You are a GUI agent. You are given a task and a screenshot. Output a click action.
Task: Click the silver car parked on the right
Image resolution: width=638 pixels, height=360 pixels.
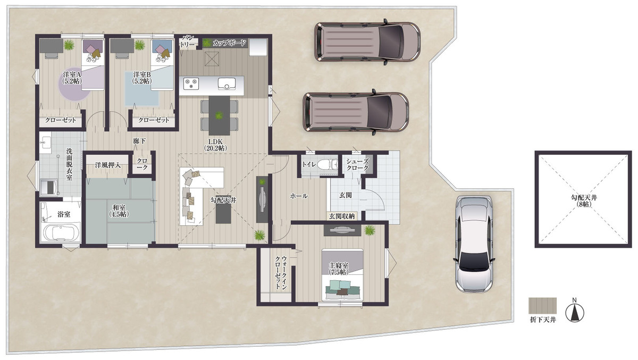click(474, 245)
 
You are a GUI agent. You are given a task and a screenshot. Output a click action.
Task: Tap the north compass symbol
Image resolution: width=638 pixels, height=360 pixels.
click(575, 313)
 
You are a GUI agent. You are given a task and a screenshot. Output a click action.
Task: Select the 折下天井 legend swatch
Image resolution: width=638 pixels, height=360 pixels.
click(543, 306)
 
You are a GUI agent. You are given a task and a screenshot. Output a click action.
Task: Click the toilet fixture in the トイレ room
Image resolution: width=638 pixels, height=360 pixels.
click(326, 165)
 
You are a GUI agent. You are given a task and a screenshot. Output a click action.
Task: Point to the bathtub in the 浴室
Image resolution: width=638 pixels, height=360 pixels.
click(61, 232)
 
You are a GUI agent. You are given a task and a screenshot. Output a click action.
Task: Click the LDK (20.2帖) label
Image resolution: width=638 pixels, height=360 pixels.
click(215, 145)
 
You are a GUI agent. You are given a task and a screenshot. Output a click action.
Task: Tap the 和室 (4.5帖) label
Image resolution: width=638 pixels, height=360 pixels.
click(119, 211)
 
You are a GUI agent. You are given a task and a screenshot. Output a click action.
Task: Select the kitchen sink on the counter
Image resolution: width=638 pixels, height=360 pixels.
click(226, 83)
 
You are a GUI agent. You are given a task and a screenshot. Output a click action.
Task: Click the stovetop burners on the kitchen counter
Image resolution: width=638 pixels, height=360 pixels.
click(191, 83)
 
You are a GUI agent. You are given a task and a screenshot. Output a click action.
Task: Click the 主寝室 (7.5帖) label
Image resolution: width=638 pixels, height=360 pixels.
click(338, 269)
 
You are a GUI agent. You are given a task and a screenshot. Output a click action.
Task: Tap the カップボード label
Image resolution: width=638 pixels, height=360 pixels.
click(229, 43)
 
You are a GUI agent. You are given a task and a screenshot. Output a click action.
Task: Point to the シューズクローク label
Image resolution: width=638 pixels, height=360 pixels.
click(357, 165)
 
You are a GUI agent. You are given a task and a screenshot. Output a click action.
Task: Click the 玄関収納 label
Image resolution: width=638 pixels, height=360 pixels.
click(342, 216)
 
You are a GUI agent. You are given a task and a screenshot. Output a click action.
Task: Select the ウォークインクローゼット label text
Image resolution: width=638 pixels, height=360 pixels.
click(280, 273)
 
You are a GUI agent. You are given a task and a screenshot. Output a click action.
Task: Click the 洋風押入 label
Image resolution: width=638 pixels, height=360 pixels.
click(107, 165)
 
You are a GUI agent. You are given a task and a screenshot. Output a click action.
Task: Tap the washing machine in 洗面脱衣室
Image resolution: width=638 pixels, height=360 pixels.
click(49, 187)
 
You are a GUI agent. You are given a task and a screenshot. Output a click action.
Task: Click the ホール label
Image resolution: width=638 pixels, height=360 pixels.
click(299, 196)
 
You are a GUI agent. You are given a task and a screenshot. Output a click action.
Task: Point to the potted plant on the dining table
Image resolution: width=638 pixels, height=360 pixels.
click(219, 115)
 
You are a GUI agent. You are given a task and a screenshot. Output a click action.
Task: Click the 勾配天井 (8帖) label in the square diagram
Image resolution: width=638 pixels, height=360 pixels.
click(584, 201)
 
